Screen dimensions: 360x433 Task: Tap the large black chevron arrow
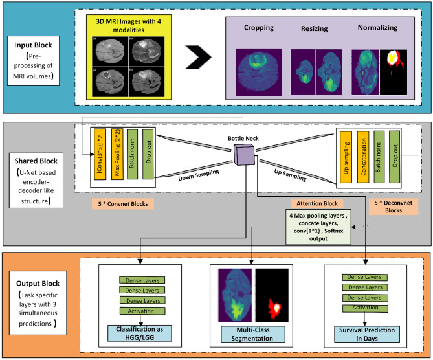tap(197, 58)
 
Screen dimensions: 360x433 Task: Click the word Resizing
tap(315, 29)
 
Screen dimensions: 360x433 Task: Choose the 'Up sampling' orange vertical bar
tap(346, 159)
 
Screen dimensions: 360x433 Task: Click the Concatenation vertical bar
tap(362, 159)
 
